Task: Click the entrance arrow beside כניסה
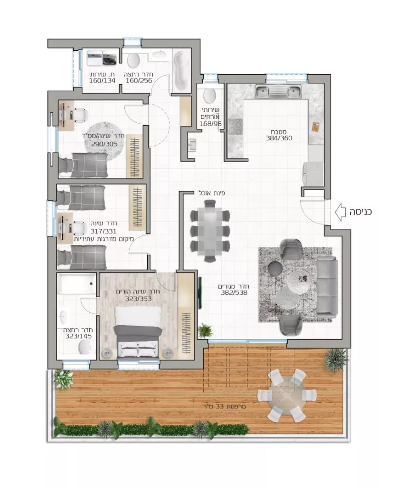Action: [340, 212]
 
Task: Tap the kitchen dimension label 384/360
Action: [279, 138]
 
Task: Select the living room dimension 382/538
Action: [234, 292]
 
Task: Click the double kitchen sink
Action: [278, 92]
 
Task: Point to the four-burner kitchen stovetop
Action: [235, 127]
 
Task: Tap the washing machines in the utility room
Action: [102, 58]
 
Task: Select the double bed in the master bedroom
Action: [138, 332]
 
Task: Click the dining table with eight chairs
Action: [210, 231]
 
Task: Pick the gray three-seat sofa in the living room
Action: [327, 287]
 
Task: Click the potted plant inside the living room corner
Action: [205, 330]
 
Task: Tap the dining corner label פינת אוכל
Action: [212, 193]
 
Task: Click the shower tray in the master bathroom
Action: [77, 283]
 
